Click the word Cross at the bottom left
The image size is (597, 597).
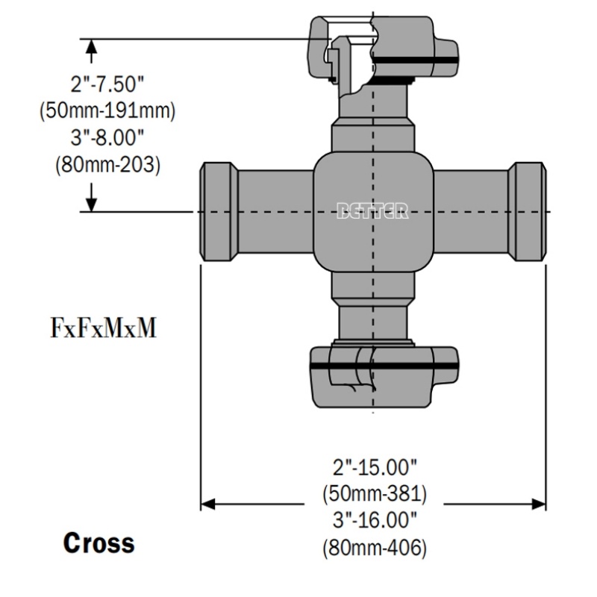click(x=99, y=543)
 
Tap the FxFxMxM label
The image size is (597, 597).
click(x=104, y=328)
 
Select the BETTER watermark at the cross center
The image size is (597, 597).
click(x=372, y=211)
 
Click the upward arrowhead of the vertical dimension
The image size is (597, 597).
click(x=92, y=49)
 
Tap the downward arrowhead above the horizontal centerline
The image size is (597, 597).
click(x=92, y=202)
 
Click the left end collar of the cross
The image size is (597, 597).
click(x=219, y=212)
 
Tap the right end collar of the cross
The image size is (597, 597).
click(x=528, y=212)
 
